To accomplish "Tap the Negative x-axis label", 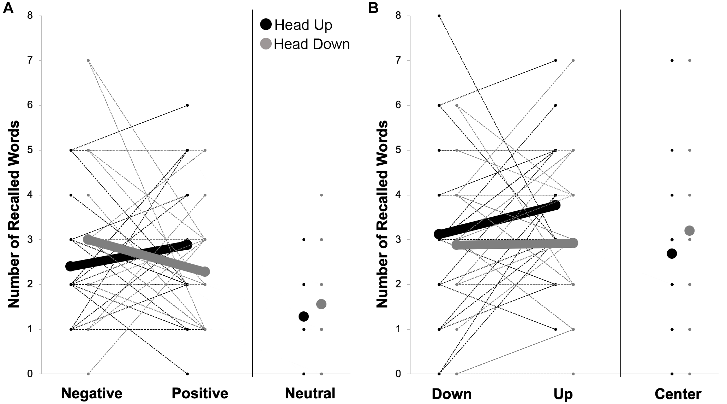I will tap(92, 393).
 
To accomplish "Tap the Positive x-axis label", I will tap(200, 393).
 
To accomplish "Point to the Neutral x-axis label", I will tap(310, 393).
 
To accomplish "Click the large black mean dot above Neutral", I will tap(304, 316).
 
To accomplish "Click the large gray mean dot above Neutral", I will tap(321, 304).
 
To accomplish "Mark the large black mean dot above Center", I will tap(672, 253).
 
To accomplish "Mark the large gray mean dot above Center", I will tap(689, 231).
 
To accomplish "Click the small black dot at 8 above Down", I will tap(439, 16).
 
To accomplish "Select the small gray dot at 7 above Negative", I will tap(88, 60).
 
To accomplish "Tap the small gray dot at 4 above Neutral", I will tap(321, 195).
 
